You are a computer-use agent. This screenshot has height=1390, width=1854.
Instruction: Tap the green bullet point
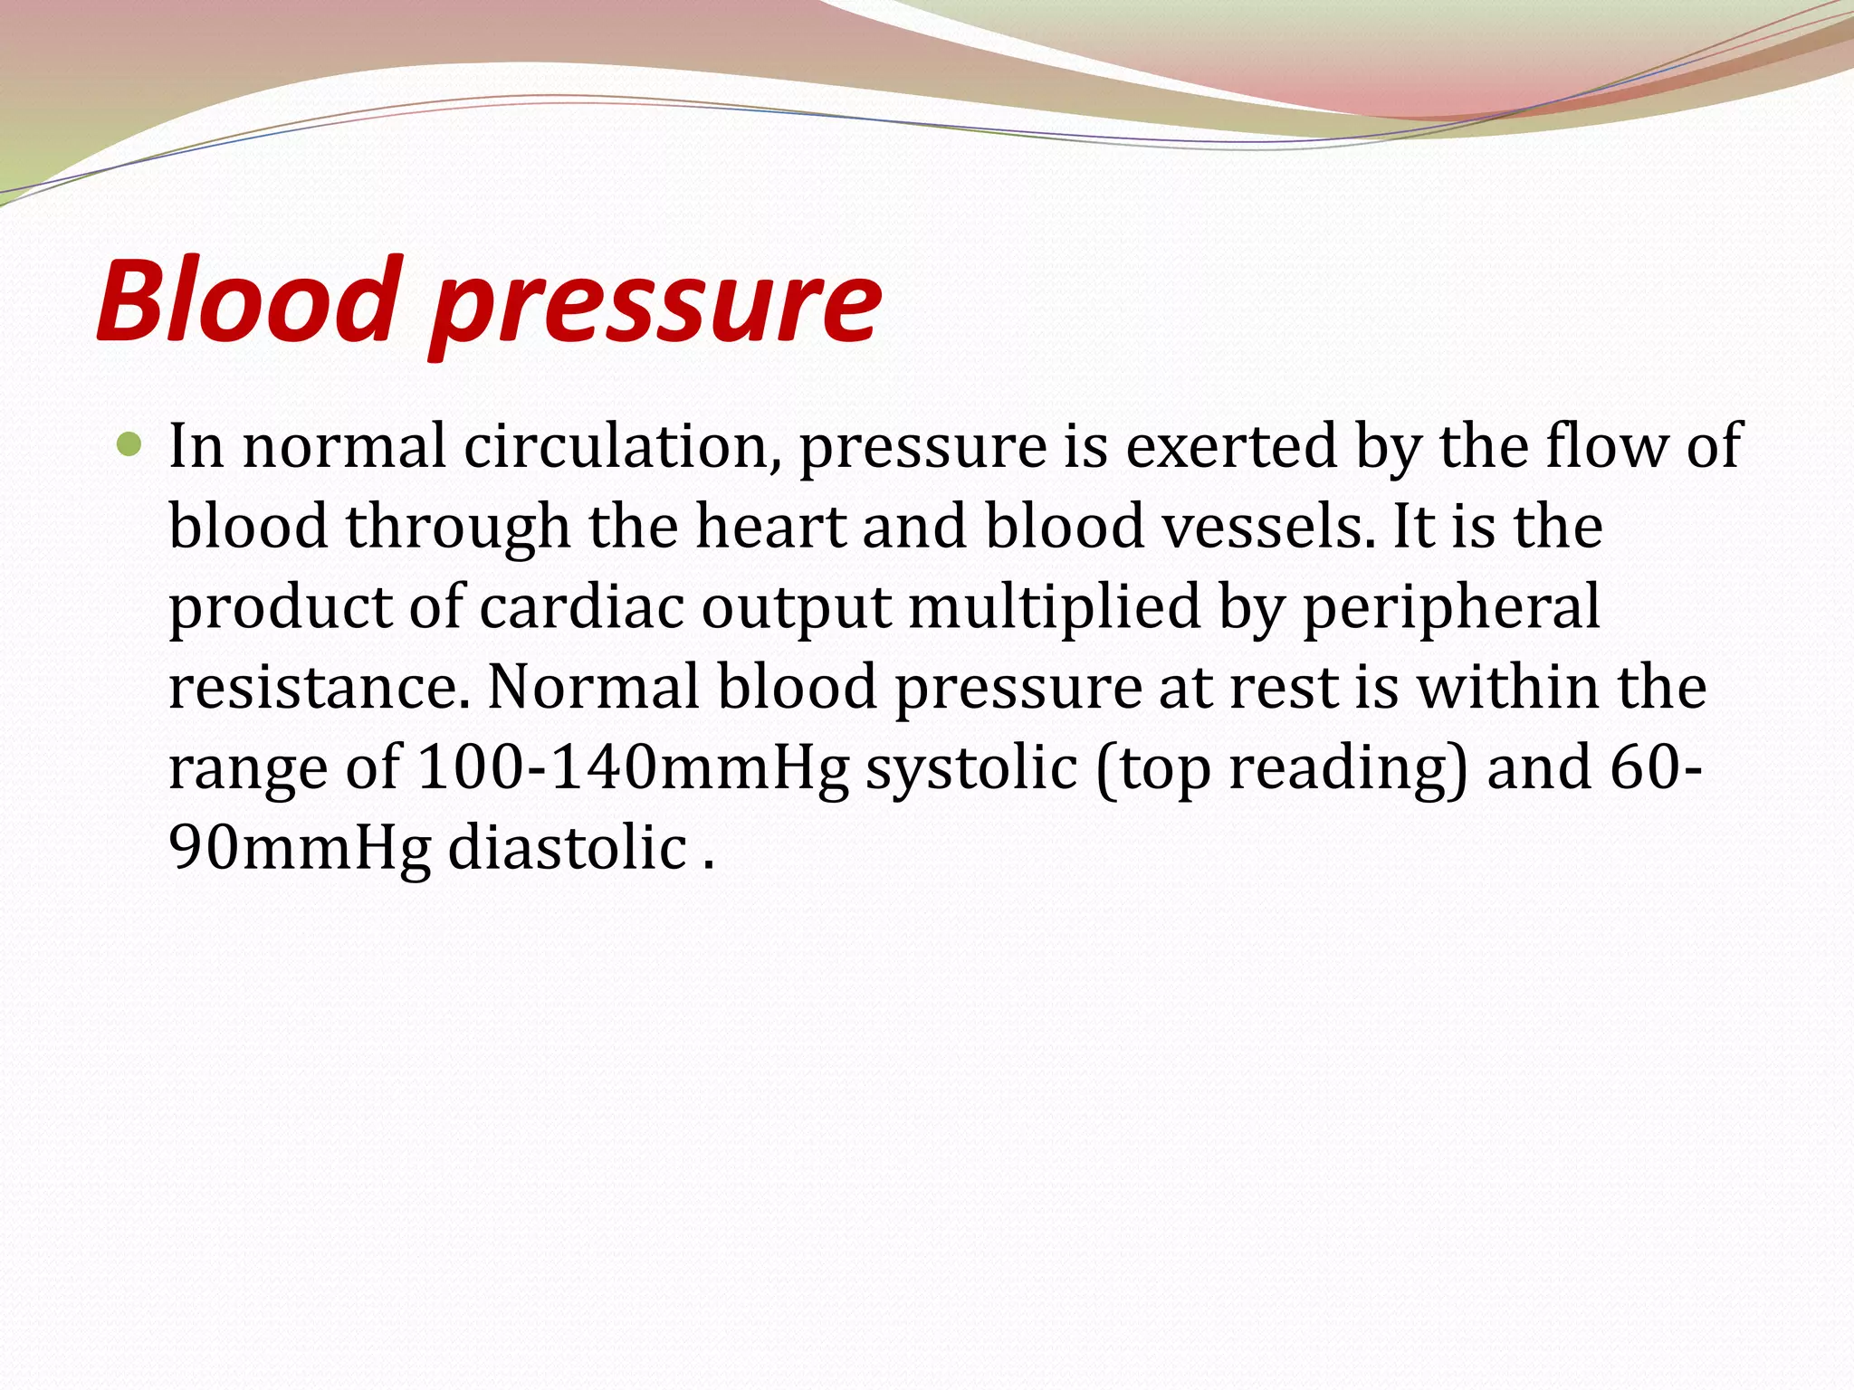point(130,445)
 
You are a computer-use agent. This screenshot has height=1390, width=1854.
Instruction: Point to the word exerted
point(1231,446)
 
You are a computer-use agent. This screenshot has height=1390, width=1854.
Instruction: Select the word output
point(797,608)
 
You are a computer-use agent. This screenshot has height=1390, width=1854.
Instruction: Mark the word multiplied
point(1055,608)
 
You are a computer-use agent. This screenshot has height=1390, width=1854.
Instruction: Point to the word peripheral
point(1451,608)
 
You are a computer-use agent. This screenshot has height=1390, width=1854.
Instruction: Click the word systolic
point(971,768)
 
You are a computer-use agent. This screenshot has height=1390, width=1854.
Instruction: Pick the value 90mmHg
point(300,848)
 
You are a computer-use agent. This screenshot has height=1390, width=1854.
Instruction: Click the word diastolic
point(568,848)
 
